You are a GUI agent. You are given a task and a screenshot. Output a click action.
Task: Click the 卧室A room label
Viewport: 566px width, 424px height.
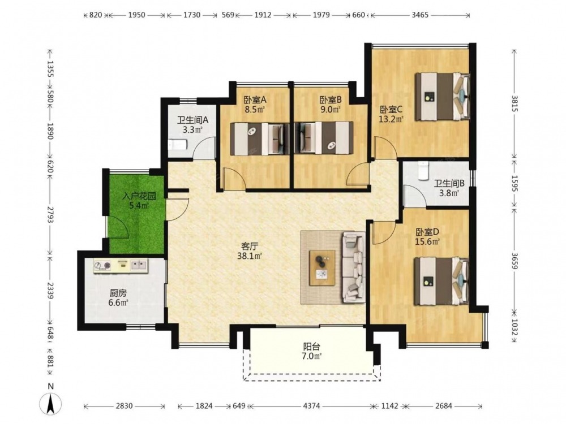point(255,99)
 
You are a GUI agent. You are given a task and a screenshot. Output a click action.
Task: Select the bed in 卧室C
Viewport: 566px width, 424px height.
point(443,96)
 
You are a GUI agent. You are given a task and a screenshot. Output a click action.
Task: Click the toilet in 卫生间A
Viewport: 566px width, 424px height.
point(177,145)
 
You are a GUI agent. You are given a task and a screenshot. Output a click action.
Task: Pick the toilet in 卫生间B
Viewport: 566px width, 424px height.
point(423,171)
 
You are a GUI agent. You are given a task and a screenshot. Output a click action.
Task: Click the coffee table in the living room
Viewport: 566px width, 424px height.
point(322,268)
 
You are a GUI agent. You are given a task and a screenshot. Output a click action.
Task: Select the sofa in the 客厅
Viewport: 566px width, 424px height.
point(353,267)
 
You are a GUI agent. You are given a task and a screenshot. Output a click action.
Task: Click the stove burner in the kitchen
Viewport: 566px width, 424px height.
point(102,266)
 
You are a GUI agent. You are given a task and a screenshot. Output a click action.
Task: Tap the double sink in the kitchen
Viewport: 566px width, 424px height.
point(139,266)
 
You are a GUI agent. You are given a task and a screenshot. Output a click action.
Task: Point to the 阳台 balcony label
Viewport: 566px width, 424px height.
point(311,347)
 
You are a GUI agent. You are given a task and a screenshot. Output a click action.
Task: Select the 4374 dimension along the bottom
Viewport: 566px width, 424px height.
point(311,406)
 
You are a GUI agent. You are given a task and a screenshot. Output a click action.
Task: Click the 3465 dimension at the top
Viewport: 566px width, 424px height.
point(420,15)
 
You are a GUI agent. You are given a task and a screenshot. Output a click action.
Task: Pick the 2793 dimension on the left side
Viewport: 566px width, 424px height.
point(50,215)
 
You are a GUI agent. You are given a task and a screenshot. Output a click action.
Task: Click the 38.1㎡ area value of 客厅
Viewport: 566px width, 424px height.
point(251,256)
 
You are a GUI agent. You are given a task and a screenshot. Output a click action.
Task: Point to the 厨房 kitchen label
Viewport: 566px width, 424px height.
point(118,293)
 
